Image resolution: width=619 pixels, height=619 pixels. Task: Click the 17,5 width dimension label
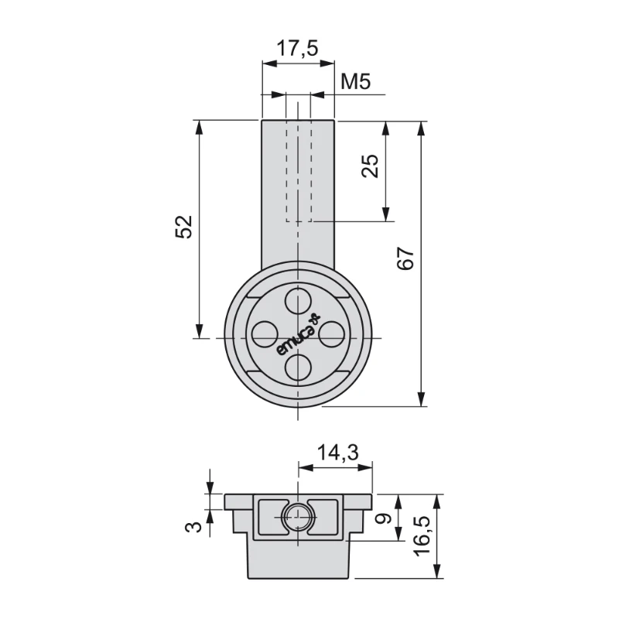[297, 49]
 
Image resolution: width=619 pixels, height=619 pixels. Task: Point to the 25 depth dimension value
[371, 166]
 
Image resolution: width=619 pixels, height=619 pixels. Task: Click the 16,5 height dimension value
[422, 534]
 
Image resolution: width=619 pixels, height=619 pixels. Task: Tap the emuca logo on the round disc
[297, 335]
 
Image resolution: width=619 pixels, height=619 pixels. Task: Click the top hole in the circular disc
[297, 300]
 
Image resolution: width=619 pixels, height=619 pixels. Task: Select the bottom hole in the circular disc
[297, 367]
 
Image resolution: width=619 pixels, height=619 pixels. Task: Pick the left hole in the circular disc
[264, 333]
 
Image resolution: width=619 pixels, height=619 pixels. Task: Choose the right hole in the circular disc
[331, 333]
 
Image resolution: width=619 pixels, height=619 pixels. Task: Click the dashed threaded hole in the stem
[298, 170]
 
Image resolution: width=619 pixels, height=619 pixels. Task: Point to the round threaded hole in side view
[297, 518]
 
